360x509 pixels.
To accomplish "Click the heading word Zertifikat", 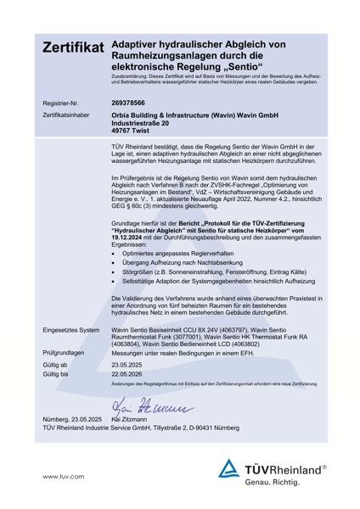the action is pos(73,48).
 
